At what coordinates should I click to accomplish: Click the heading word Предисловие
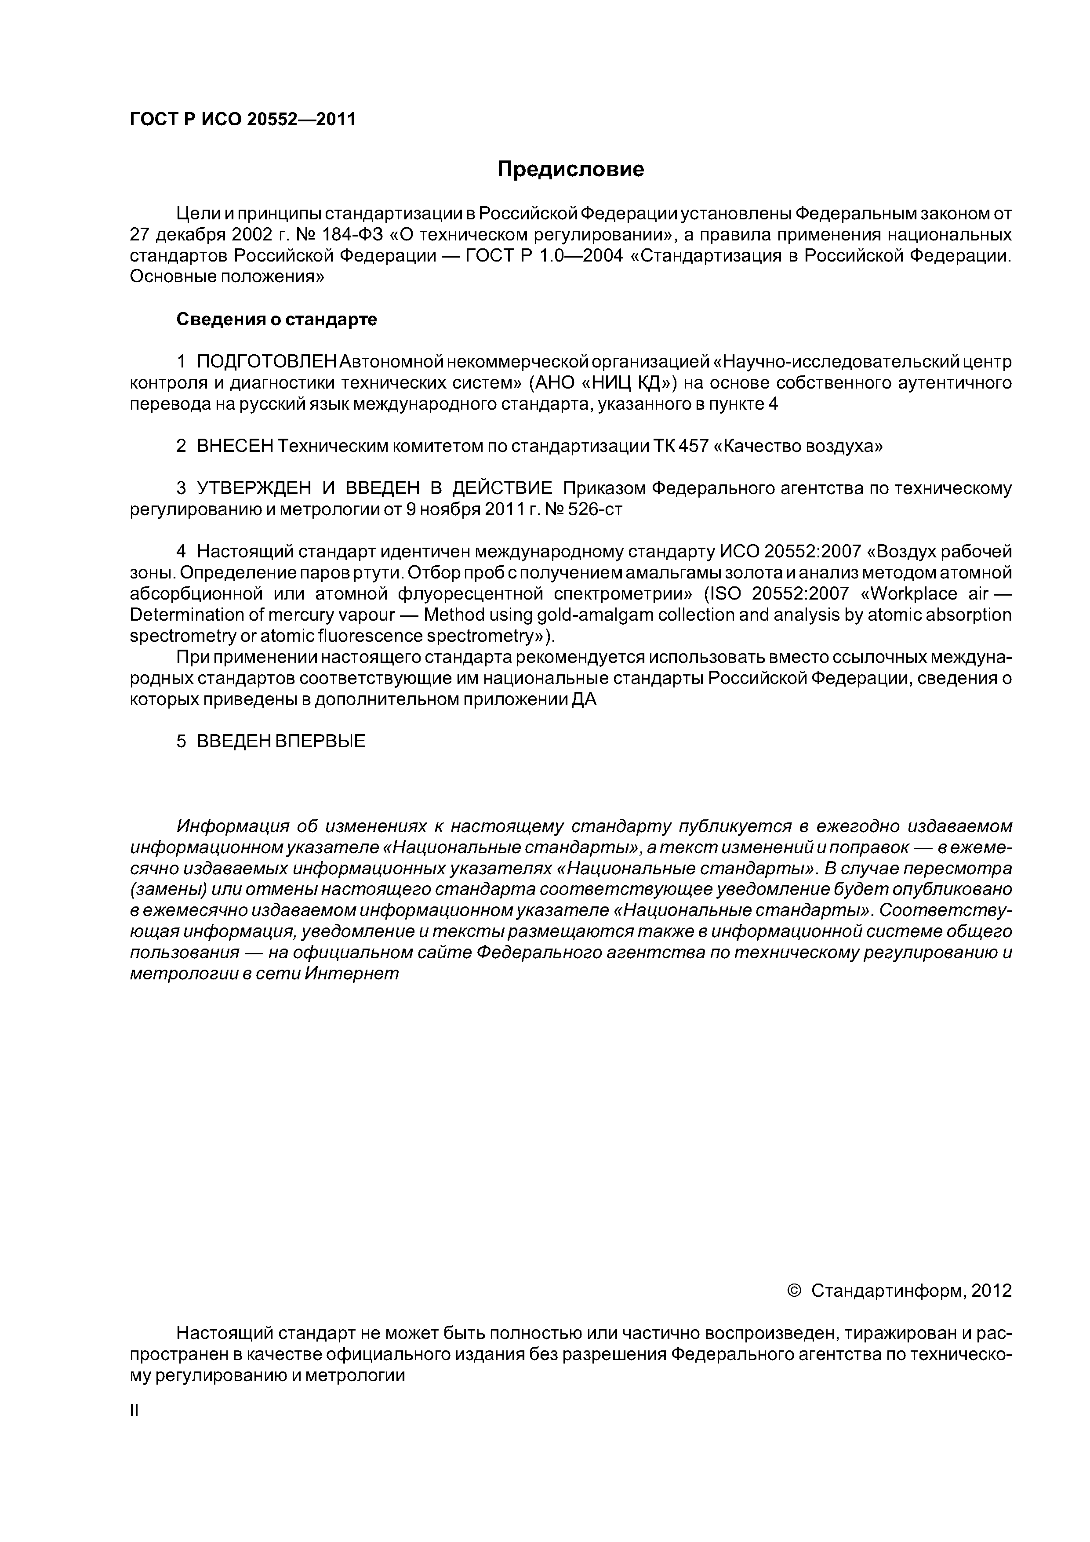(570, 169)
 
